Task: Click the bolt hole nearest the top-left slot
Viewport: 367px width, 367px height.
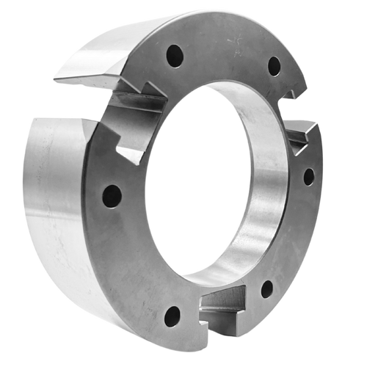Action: (175, 56)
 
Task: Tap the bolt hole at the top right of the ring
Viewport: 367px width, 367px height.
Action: (274, 67)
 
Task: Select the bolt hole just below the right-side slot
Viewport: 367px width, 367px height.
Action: (308, 177)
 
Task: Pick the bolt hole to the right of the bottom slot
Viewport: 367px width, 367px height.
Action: (266, 289)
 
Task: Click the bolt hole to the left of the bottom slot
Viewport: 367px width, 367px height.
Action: (172, 316)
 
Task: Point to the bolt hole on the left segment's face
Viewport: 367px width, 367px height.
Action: (112, 196)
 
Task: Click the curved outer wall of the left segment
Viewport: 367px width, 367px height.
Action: (51, 206)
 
